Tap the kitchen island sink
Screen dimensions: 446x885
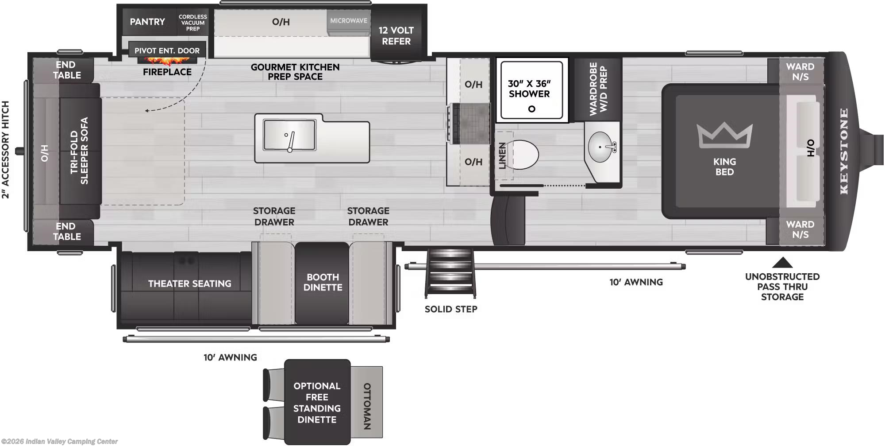click(289, 135)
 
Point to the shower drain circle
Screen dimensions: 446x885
click(531, 109)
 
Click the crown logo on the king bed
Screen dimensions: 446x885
click(724, 135)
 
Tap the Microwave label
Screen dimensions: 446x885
click(349, 21)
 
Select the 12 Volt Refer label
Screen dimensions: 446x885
click(396, 36)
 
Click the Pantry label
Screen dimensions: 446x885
click(147, 22)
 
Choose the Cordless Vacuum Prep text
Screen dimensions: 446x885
click(192, 23)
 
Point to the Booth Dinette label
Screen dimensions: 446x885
click(323, 282)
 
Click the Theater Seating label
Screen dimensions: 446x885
click(189, 283)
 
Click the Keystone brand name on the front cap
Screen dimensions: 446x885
click(844, 151)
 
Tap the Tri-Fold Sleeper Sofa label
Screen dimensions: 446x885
click(80, 151)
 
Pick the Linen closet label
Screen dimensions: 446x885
click(502, 155)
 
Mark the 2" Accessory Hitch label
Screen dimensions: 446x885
click(5, 150)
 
